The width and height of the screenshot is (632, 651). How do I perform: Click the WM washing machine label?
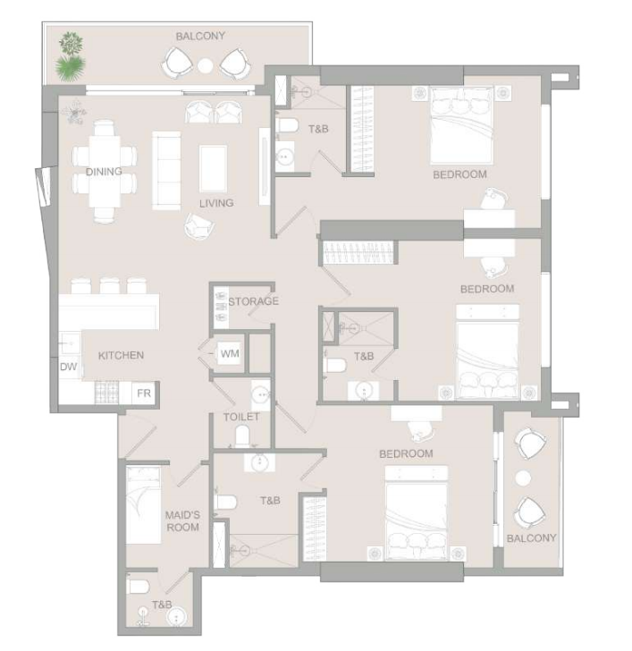pos(230,354)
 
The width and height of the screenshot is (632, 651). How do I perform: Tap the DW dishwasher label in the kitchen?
pos(69,367)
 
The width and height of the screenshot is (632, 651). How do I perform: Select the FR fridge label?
pos(144,393)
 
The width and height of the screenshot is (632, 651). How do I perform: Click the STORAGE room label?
pos(253,301)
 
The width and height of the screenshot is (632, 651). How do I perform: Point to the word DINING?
pos(104,172)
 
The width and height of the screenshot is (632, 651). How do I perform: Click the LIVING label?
pos(216,203)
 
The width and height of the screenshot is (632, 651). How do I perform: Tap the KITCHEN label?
pos(122,355)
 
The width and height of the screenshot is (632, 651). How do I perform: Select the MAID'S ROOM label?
pos(182,521)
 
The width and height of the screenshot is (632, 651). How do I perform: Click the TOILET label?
pos(241,417)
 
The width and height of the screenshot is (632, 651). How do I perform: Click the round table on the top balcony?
pos(205,65)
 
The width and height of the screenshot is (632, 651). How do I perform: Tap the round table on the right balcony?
pos(523,478)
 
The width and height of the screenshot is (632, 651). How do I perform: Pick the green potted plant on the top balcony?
pos(71,57)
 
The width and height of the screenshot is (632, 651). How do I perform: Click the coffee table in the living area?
pos(214,168)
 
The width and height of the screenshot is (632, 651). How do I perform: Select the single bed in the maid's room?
pos(143,505)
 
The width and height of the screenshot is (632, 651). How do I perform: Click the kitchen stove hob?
pos(107,393)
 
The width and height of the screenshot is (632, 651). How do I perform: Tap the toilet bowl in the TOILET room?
pos(242,436)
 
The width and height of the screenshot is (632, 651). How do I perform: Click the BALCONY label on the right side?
pos(531,538)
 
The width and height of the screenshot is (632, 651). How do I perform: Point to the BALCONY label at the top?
pos(200,36)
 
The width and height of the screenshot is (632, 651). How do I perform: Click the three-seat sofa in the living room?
pos(166,170)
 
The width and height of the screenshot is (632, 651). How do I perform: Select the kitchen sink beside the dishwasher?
pos(70,343)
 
